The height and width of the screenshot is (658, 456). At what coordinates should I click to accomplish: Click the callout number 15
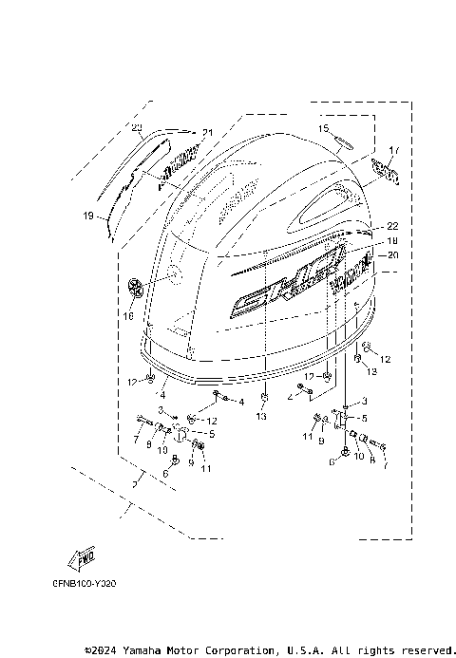[x=323, y=128]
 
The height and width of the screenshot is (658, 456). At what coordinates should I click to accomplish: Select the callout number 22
[x=391, y=226]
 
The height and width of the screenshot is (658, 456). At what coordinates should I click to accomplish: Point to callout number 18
[x=391, y=240]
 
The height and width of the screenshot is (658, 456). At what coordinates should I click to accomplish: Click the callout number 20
[x=391, y=254]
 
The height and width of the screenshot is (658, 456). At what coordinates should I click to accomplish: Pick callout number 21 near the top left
[x=207, y=132]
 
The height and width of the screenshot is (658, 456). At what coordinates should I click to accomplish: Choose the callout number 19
[x=87, y=216]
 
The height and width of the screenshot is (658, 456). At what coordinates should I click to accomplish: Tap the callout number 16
[x=129, y=314]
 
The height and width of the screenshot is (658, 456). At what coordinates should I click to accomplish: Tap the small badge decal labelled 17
[x=384, y=173]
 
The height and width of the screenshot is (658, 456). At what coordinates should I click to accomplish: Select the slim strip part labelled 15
[x=340, y=143]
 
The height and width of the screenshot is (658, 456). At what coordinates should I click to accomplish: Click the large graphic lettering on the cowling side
[x=285, y=284]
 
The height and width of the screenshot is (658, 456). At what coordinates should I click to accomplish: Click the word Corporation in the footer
[x=233, y=650]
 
